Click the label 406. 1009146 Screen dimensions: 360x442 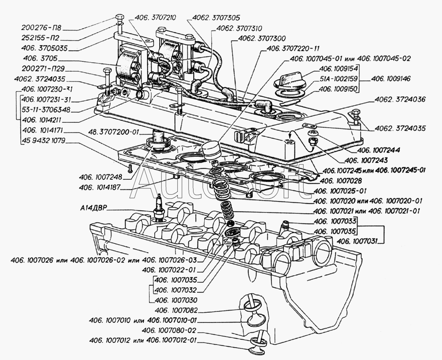[x=391, y=79]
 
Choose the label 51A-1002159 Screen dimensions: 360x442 [x=338, y=79]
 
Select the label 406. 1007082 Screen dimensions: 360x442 [x=176, y=311]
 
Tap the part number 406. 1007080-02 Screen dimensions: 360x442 [x=170, y=330]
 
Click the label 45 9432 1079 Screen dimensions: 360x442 [x=43, y=141]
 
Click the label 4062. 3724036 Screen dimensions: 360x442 [x=400, y=100]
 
